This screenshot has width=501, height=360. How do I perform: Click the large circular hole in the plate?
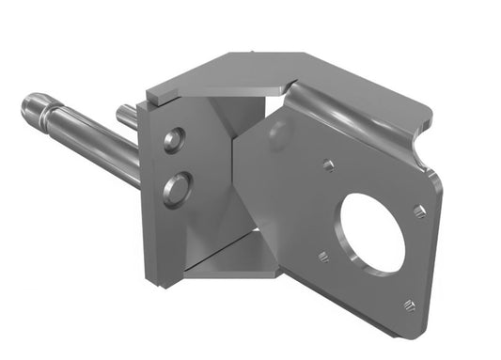[x=371, y=233]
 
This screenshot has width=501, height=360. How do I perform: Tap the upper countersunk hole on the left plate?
[x=173, y=141]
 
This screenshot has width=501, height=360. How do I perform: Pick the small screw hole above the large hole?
[x=328, y=166]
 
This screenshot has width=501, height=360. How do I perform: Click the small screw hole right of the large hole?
[x=420, y=212]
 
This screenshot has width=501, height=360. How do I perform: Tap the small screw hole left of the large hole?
[x=322, y=256]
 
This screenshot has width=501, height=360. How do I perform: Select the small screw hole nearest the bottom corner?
[x=409, y=305]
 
